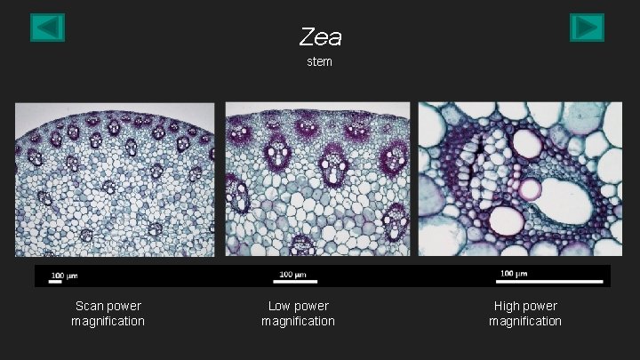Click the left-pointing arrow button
[47, 28]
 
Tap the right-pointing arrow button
[587, 28]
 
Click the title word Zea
[321, 37]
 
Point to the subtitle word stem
[319, 62]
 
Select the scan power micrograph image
[115, 180]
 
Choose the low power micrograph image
[317, 180]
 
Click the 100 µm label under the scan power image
[63, 276]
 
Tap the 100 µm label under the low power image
[293, 274]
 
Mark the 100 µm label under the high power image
[513, 273]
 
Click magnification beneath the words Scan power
[108, 321]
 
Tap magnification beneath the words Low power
[298, 321]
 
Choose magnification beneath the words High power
[525, 321]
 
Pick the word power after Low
[312, 306]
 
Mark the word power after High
[541, 306]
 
